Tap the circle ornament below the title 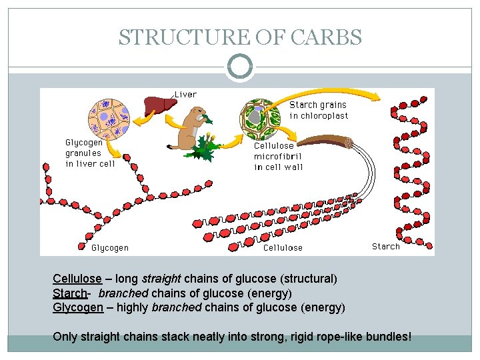point(240,67)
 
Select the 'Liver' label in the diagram point(185,95)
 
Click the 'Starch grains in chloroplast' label point(319,110)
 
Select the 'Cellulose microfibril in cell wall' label point(277,156)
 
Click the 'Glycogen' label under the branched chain point(110,247)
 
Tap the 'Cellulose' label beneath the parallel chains point(283,247)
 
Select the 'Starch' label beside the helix point(386,246)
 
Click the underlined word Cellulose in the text point(77,279)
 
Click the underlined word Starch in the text point(69,293)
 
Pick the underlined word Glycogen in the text point(77,307)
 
